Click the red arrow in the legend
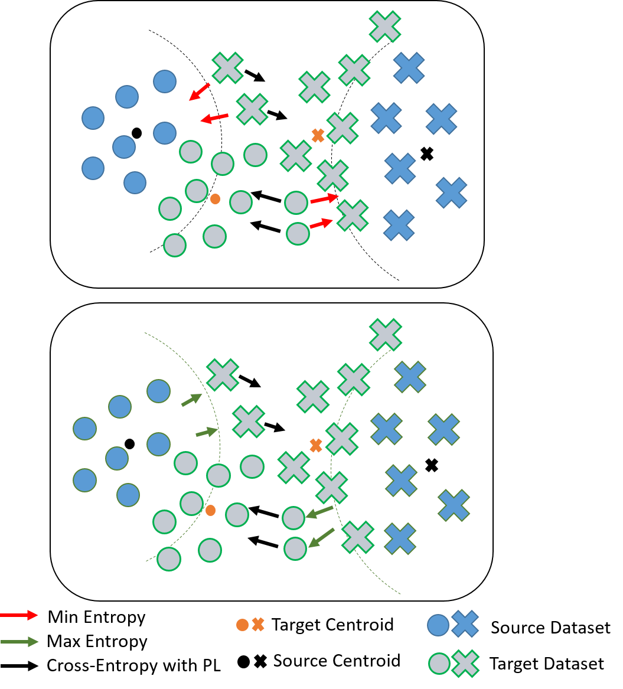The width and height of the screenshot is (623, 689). [19, 615]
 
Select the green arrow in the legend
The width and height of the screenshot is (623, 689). [19, 642]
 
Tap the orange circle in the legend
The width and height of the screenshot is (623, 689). [242, 625]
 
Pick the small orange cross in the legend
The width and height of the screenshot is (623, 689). [258, 625]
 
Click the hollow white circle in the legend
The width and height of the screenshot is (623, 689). [243, 662]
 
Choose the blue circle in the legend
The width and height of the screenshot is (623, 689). [438, 625]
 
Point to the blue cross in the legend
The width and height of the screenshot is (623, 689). [465, 624]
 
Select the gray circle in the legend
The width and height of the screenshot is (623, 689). [439, 664]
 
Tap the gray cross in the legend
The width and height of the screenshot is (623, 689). [465, 664]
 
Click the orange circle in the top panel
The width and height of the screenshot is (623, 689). [216, 199]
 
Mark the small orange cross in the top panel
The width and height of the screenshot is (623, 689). [318, 135]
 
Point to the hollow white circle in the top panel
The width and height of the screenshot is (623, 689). [136, 133]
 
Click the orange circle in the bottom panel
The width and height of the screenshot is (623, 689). [210, 510]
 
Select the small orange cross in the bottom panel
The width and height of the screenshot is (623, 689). [316, 445]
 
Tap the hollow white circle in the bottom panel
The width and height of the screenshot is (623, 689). [129, 444]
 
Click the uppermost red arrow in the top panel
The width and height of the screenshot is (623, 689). [200, 92]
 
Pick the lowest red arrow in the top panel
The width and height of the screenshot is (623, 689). [321, 223]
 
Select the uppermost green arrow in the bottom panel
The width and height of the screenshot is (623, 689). [192, 400]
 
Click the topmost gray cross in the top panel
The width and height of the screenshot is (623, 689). [385, 27]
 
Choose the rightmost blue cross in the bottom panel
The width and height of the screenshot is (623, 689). [454, 505]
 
